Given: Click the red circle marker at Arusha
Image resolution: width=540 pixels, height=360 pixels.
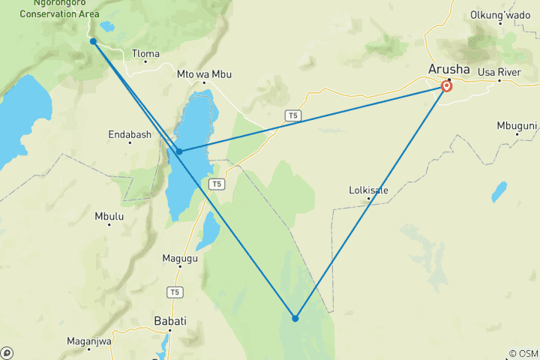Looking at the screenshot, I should point(447,86).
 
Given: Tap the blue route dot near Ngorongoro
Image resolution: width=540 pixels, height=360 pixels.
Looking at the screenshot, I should point(93,41).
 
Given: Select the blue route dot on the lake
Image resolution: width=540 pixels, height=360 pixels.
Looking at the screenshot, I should point(179,151).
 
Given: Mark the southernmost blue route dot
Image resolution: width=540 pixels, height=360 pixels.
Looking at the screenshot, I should point(295,319).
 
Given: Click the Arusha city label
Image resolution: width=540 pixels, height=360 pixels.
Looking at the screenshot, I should point(449,69).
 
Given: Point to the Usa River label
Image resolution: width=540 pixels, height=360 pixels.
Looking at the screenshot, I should point(499,72).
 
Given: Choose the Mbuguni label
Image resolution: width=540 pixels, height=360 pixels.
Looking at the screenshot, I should point(517,125).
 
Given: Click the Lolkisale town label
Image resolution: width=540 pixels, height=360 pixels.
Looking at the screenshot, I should point(369,190).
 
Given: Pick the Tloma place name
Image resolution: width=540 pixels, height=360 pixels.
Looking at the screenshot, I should point(145,53).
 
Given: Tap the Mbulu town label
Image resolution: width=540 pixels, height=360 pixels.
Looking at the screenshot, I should point(109,216).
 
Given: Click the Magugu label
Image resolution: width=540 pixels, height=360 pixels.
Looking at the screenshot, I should point(180,259).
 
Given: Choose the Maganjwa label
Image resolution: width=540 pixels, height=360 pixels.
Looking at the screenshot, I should point(89,342).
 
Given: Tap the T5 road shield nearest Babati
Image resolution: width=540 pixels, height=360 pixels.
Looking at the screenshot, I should point(175,292).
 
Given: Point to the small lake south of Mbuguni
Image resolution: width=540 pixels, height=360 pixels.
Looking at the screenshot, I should point(499,192).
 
